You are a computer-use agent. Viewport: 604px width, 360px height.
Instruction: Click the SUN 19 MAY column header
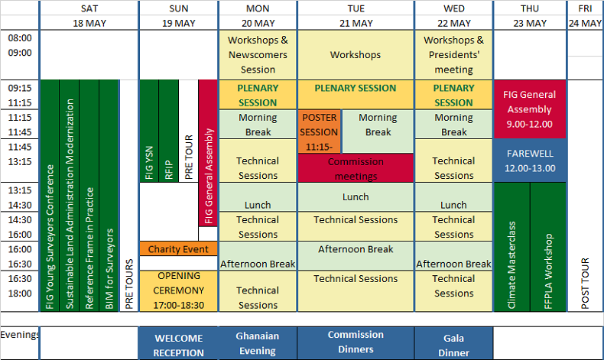tap(178, 15)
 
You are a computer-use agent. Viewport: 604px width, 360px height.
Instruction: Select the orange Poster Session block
tap(319, 131)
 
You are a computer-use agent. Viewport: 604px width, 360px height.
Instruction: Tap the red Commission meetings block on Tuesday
tap(356, 168)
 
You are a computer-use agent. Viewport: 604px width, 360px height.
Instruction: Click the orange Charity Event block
tap(178, 249)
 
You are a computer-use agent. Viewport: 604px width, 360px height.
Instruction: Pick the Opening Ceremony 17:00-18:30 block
tap(178, 290)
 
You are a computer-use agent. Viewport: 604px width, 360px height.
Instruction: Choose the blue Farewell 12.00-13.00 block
tap(530, 161)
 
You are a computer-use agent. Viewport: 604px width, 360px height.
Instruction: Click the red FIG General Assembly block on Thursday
tap(530, 109)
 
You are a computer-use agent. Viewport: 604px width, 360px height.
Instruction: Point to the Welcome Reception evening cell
tap(178, 345)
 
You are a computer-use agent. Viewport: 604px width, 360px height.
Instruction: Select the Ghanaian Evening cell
tap(258, 343)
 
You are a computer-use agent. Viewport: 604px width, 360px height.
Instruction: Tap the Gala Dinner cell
tap(453, 343)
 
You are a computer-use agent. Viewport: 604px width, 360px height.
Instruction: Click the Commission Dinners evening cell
tap(356, 342)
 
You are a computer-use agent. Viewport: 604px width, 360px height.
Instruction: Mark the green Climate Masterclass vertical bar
tap(511, 247)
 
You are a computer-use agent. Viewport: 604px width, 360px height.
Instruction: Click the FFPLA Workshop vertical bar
tap(548, 247)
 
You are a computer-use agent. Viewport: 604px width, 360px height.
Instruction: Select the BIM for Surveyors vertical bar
tap(109, 196)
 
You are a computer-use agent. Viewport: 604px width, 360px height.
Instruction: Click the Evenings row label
tap(19, 334)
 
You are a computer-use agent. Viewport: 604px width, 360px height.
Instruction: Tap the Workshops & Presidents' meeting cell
tap(453, 55)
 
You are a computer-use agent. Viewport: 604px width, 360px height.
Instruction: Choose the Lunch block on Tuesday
tap(356, 197)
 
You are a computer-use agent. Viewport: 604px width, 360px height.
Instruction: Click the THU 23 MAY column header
tap(530, 15)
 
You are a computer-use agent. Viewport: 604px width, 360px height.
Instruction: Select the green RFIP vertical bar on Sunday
tap(168, 131)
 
